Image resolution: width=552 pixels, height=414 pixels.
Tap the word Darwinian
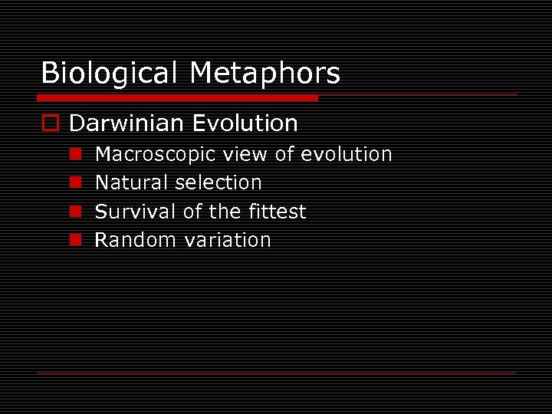click(x=127, y=123)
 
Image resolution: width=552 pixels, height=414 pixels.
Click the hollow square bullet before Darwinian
click(x=51, y=123)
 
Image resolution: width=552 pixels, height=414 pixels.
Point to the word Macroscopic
click(x=156, y=155)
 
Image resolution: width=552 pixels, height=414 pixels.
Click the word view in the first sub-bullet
click(x=245, y=155)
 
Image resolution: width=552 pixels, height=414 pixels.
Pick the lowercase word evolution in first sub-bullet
click(x=347, y=155)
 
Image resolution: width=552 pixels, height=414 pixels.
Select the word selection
click(x=219, y=183)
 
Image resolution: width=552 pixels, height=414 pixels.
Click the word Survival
click(x=135, y=212)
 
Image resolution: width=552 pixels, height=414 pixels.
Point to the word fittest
click(x=275, y=212)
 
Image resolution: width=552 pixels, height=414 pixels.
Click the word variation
click(x=228, y=240)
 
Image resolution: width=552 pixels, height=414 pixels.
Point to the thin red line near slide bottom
click(x=276, y=373)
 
